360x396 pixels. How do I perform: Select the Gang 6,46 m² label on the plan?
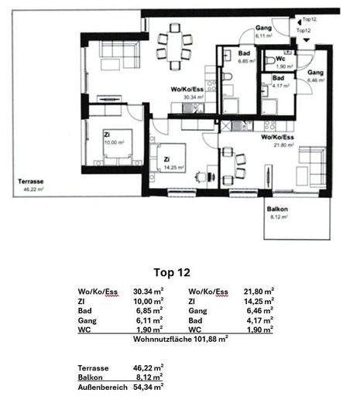tap(317, 76)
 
